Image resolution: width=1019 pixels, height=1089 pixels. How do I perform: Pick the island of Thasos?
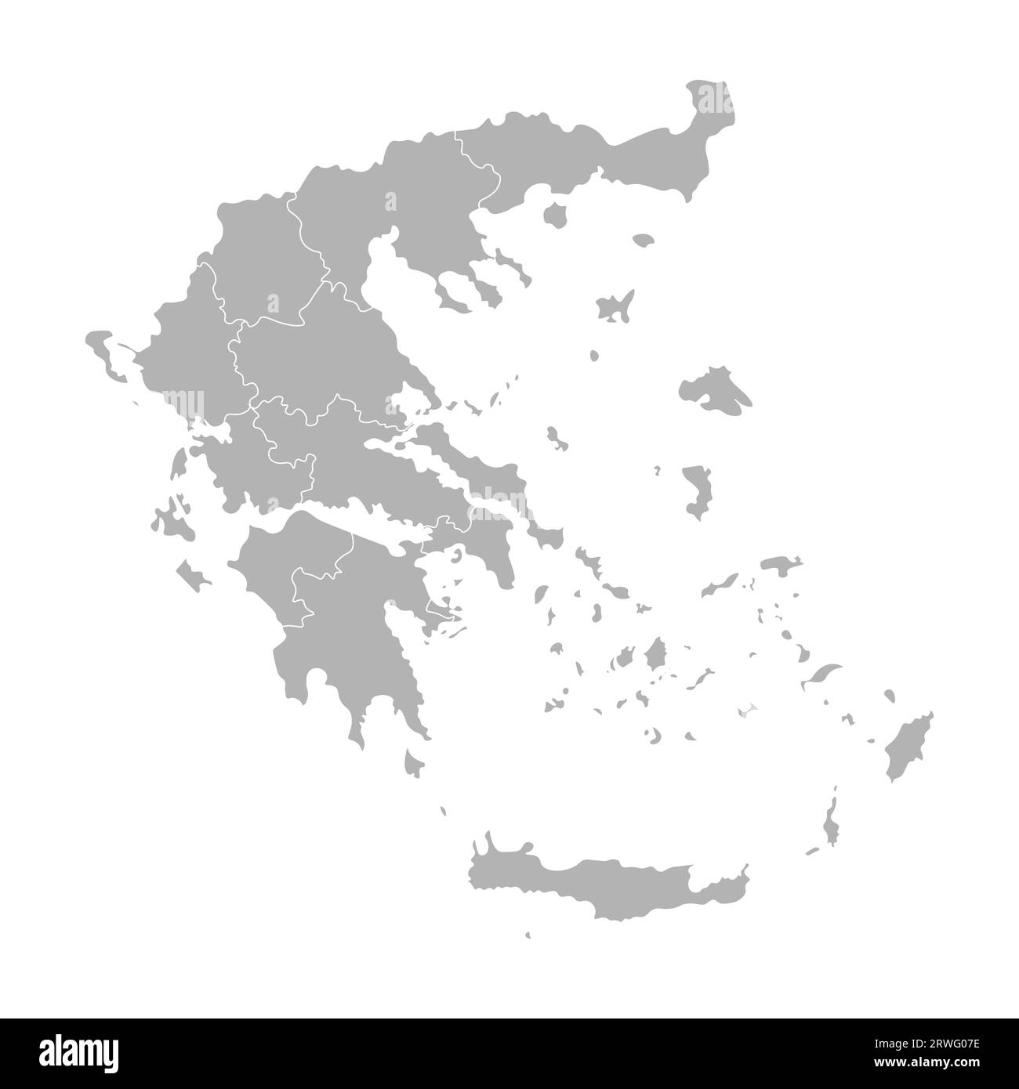click(x=557, y=214)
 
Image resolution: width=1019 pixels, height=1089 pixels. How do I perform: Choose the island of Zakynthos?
click(x=192, y=576)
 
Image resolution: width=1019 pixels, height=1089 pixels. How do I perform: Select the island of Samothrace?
click(x=643, y=240)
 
